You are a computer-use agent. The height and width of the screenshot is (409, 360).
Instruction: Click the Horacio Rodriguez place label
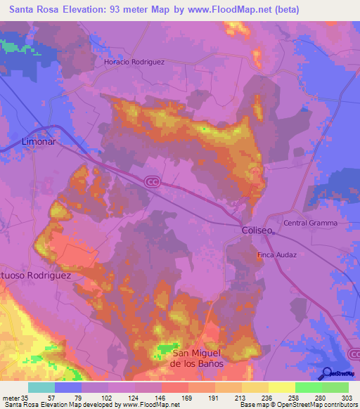coord(134,62)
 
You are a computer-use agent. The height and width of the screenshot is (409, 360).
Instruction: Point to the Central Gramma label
coord(310,223)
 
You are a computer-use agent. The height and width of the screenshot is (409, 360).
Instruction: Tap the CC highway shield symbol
coord(152,181)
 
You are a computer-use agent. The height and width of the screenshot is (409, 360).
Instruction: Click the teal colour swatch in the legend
coord(41,387)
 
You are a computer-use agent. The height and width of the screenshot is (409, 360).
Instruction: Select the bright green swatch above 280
coord(309,387)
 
